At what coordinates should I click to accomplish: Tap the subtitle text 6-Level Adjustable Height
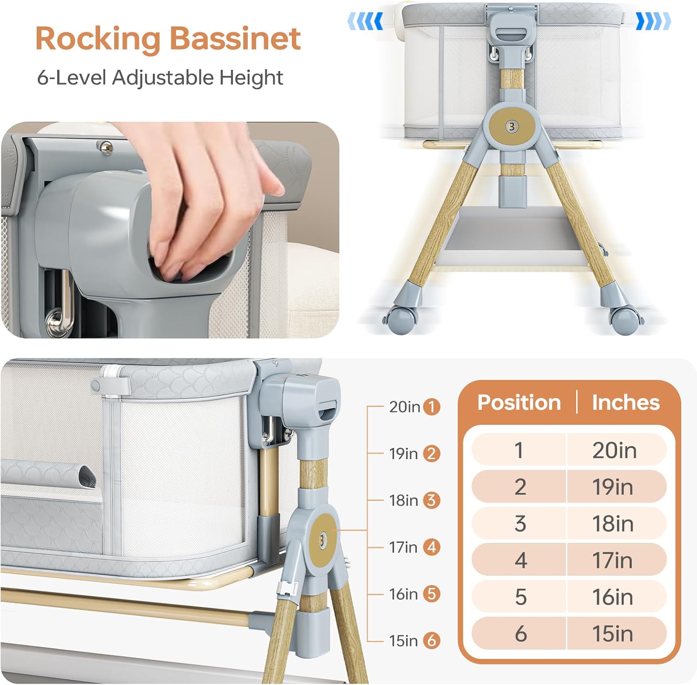160,77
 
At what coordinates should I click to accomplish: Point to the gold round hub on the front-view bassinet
512,126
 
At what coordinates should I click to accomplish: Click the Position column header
519,402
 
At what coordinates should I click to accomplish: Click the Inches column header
625,402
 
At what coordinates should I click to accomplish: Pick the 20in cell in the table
614,450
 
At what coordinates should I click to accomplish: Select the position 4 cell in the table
520,560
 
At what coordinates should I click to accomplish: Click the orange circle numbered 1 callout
432,407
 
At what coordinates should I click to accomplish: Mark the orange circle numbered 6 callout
432,641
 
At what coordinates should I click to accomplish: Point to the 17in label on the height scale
403,547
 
